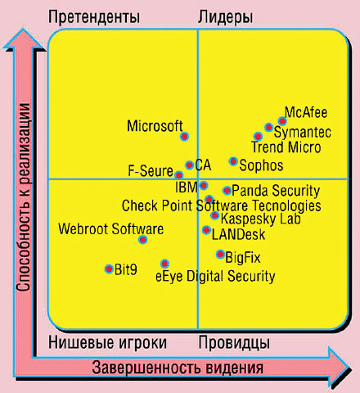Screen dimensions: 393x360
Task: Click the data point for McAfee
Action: point(282,121)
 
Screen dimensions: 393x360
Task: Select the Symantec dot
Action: point(268,128)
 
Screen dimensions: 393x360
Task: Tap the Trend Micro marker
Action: point(259,136)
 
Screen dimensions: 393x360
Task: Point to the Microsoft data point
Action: point(184,137)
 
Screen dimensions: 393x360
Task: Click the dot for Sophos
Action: point(233,161)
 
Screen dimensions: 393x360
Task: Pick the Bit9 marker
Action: point(109,268)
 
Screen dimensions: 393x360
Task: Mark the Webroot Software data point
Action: point(143,240)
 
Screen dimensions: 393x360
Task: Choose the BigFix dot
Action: point(220,254)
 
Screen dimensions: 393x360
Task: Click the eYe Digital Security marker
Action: point(164,264)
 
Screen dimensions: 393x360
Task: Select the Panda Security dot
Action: point(227,191)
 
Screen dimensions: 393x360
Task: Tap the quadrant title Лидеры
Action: point(226,17)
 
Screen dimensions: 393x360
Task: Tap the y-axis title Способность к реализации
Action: point(24,196)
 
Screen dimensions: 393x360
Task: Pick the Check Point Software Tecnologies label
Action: point(221,206)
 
